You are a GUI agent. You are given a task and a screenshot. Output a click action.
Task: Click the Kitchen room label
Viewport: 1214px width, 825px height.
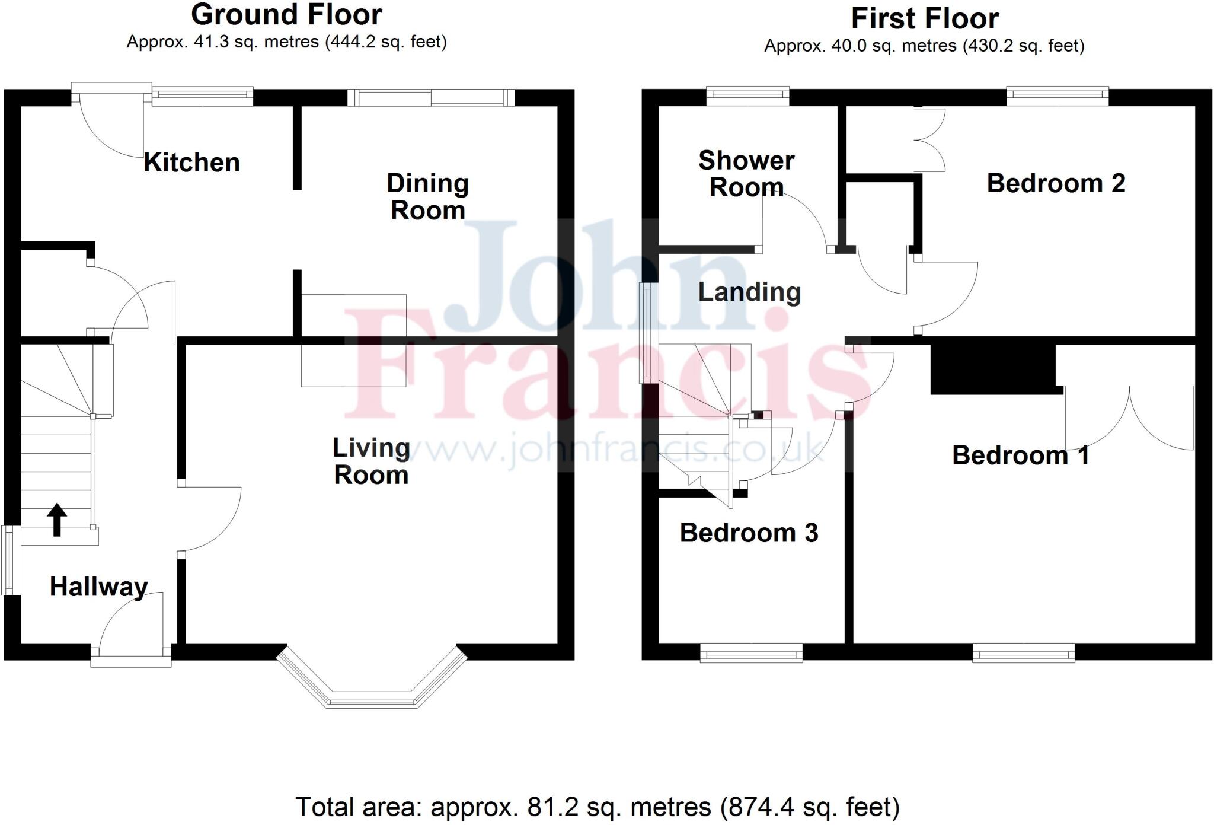tap(191, 163)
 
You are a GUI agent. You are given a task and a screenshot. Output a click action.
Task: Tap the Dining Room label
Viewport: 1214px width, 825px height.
tap(427, 197)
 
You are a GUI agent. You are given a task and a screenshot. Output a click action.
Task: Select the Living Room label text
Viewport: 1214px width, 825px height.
tap(371, 461)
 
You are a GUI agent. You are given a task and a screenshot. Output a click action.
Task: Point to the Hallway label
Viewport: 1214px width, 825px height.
tap(99, 587)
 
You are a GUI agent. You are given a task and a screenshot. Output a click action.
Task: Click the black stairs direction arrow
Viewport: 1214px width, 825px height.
tap(57, 519)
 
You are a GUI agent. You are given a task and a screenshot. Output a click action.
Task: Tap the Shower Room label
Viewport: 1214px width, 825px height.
tap(746, 174)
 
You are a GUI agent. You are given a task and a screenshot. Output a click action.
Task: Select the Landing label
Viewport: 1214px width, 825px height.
tap(749, 292)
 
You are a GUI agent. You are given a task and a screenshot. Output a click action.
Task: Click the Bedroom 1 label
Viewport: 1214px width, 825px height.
tap(1020, 455)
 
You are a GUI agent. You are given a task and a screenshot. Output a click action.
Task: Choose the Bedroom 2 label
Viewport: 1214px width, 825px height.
tap(1056, 183)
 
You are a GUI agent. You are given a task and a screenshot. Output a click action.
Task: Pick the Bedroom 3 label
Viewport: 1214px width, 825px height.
tap(749, 533)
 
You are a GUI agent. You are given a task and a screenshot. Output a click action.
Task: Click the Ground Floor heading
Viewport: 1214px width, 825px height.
tap(286, 15)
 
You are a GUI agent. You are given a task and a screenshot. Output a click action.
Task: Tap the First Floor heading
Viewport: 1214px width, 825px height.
tap(925, 18)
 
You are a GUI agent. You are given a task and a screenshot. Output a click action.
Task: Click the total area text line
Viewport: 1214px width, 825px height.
tap(597, 807)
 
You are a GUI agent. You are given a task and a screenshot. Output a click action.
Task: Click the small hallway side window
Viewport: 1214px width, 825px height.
tap(11, 560)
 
